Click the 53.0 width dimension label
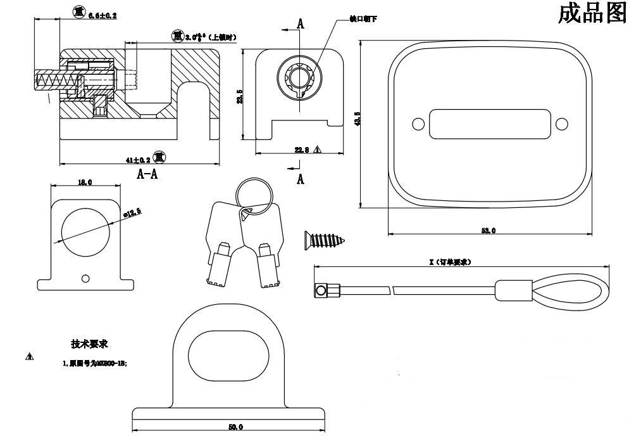[x=488, y=231]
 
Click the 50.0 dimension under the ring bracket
[x=235, y=427]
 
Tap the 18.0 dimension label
[x=85, y=183]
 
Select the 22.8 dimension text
[x=301, y=150]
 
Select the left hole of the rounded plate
[x=418, y=124]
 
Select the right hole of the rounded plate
[x=560, y=124]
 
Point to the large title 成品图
[x=592, y=13]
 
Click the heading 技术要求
[x=89, y=344]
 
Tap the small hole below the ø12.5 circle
[x=86, y=278]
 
